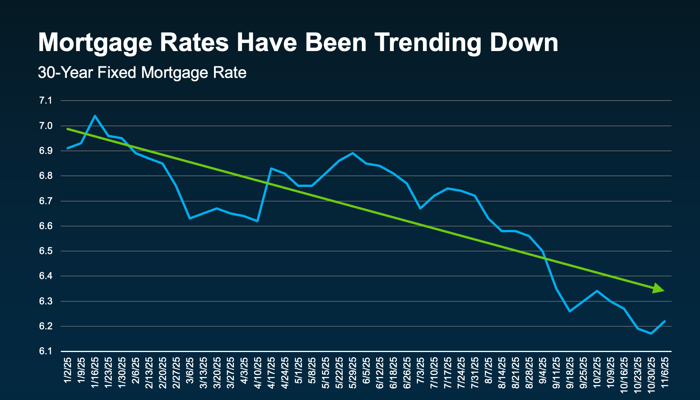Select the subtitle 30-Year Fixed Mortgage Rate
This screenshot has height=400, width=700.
point(142,73)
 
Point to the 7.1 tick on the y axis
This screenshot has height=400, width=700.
point(45,101)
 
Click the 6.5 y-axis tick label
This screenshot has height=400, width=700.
point(45,251)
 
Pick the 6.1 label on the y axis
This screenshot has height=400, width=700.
point(45,351)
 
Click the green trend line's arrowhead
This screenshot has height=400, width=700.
point(659,289)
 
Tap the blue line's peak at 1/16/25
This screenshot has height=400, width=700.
point(95,116)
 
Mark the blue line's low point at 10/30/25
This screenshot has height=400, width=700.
point(651,334)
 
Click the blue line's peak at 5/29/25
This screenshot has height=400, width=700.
point(353,153)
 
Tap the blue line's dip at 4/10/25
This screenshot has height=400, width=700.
point(257,221)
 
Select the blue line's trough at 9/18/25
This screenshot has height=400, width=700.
point(569,311)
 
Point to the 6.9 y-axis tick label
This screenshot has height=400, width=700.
point(45,151)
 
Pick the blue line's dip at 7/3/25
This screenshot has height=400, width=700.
point(421,208)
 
